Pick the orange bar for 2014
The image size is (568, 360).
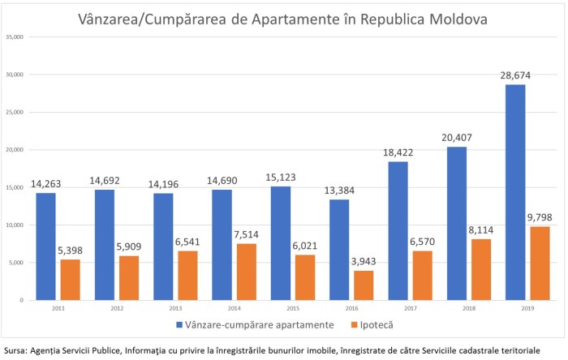(x=247, y=272)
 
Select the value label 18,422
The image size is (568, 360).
(x=398, y=152)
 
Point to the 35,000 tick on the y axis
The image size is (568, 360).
(x=15, y=37)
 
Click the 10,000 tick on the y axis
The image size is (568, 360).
(x=15, y=225)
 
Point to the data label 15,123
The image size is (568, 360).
(x=279, y=176)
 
